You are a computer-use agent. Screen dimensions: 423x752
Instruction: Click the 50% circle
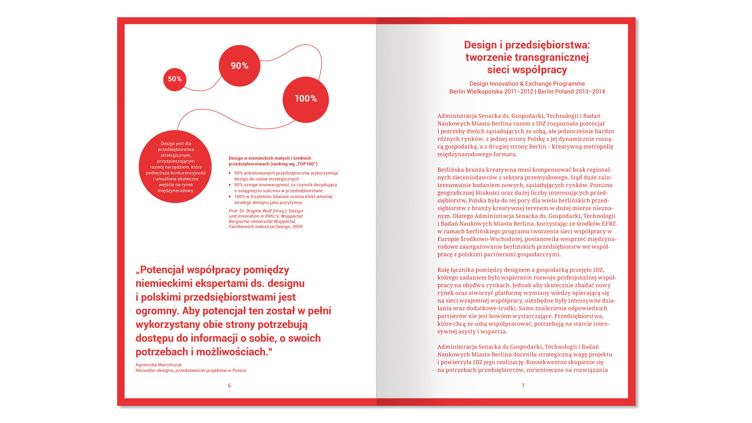[175, 80]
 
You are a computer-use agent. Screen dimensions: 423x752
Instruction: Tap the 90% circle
[239, 66]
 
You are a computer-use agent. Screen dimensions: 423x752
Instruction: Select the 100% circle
[305, 99]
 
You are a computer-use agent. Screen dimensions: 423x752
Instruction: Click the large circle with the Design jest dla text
[175, 167]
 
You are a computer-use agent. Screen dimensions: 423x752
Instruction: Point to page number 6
[230, 386]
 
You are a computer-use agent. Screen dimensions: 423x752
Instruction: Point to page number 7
[523, 386]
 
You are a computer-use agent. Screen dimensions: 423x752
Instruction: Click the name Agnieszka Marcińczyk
[159, 365]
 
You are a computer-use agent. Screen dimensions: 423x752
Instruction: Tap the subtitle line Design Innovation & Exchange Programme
[527, 84]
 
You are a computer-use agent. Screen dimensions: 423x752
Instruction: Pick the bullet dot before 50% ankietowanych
[230, 173]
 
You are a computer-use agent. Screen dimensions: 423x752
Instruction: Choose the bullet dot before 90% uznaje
[230, 185]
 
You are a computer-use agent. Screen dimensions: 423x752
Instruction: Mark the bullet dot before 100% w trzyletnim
[230, 197]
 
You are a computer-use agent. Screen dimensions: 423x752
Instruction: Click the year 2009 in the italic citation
[297, 227]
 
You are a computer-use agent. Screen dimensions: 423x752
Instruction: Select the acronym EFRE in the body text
[609, 224]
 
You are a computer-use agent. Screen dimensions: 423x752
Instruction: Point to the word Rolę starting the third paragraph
[443, 270]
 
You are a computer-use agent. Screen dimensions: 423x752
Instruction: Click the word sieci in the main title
[498, 70]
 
